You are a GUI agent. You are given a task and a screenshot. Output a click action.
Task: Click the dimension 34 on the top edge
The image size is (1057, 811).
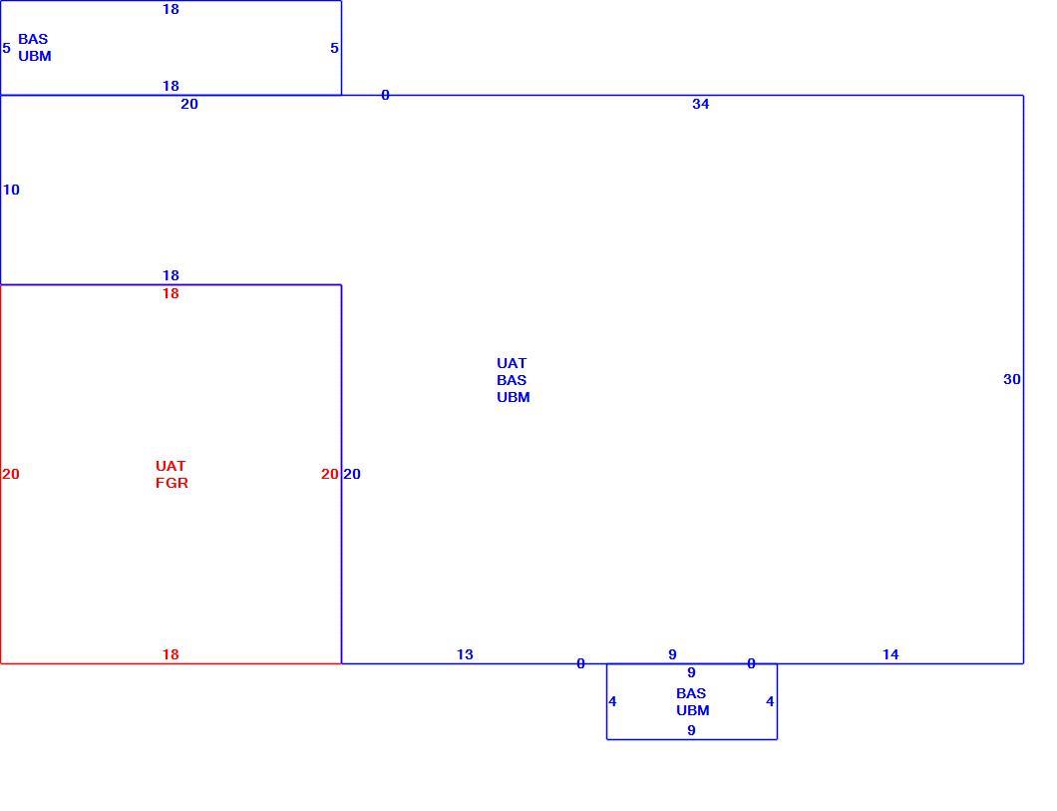[x=700, y=104]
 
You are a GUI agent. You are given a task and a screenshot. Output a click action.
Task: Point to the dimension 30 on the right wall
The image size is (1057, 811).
[x=1012, y=379]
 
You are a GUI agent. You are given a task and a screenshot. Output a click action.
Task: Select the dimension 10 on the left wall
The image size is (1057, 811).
[x=11, y=191]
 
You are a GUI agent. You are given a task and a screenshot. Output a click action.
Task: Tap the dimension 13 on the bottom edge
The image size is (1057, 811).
[x=465, y=654]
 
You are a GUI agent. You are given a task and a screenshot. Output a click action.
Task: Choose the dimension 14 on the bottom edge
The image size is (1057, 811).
[x=890, y=654]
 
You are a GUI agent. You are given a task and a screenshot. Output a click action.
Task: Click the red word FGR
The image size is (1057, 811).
[x=172, y=484]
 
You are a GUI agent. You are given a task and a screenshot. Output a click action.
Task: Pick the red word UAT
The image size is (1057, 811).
[x=171, y=467]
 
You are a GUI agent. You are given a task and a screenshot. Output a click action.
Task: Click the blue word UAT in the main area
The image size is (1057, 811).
[x=512, y=363]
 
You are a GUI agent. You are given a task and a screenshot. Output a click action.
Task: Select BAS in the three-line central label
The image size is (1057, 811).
[x=512, y=380]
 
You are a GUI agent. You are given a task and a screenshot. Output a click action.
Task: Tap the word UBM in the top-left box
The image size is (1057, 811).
[x=35, y=57]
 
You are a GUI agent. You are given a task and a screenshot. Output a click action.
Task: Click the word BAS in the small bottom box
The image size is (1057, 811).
[x=691, y=693]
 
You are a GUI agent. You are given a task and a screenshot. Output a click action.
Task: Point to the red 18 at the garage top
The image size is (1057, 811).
[x=171, y=294]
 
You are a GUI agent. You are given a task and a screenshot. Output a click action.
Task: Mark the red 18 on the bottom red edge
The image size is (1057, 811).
[x=171, y=654]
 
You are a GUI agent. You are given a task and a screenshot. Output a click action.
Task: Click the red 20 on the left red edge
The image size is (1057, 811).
[x=11, y=475]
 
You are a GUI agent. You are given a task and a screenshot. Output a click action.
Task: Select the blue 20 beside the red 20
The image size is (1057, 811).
[x=352, y=475]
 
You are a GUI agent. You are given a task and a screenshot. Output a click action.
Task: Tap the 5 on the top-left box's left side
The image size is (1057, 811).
[x=7, y=49]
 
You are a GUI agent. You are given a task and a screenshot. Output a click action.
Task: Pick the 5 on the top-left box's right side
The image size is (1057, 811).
[x=334, y=49]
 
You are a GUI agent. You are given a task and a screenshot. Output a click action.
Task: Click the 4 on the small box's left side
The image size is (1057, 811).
[x=612, y=702]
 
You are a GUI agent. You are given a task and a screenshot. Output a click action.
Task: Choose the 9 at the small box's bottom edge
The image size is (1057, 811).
[x=691, y=731]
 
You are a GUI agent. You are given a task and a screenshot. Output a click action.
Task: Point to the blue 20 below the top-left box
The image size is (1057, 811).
[x=189, y=104]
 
